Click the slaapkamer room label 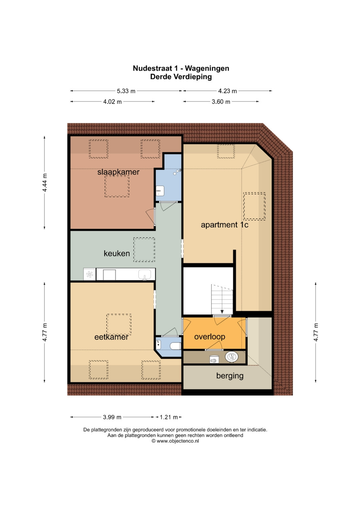(x=118, y=172)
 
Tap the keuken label (x=117, y=253)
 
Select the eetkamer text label (x=111, y=337)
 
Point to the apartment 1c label (x=224, y=225)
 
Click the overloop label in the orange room (x=210, y=337)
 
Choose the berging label (x=230, y=376)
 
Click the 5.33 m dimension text (x=126, y=91)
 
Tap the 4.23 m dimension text (x=227, y=91)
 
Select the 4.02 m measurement (x=112, y=102)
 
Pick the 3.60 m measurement (x=221, y=102)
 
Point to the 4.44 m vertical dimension (x=45, y=182)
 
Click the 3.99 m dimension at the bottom (x=112, y=417)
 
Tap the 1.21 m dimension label (x=169, y=417)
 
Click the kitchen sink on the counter (x=145, y=274)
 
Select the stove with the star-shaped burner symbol (x=90, y=274)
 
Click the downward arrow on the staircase (x=222, y=312)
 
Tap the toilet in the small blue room (x=175, y=346)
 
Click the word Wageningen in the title (x=207, y=68)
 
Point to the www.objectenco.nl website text (x=178, y=441)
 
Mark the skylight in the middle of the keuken (x=144, y=250)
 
